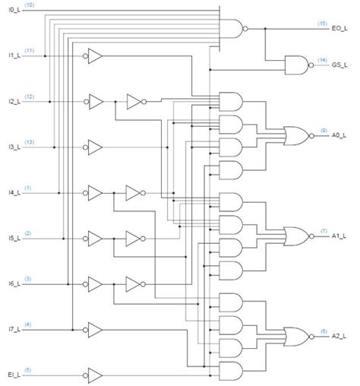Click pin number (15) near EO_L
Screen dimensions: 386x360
coord(323,24)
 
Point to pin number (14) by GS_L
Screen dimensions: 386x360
coord(323,59)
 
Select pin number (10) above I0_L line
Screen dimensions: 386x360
coord(29,5)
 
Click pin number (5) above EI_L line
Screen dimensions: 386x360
coord(28,370)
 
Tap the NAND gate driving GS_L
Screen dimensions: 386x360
coord(295,65)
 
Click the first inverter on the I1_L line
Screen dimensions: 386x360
coord(94,55)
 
